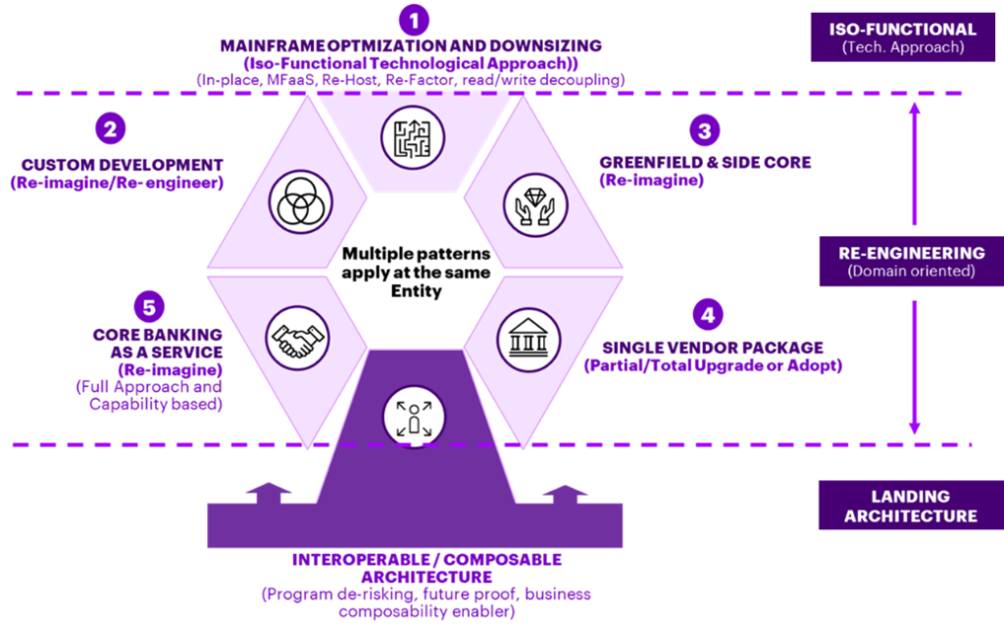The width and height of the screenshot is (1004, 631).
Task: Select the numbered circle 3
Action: click(703, 130)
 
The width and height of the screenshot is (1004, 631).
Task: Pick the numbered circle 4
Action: click(708, 316)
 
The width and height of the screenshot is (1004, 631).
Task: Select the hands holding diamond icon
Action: click(536, 202)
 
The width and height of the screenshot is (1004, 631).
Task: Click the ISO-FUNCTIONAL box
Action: click(902, 36)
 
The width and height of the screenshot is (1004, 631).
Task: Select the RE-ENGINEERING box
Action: click(902, 262)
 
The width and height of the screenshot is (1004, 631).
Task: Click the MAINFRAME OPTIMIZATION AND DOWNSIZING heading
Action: click(411, 46)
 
